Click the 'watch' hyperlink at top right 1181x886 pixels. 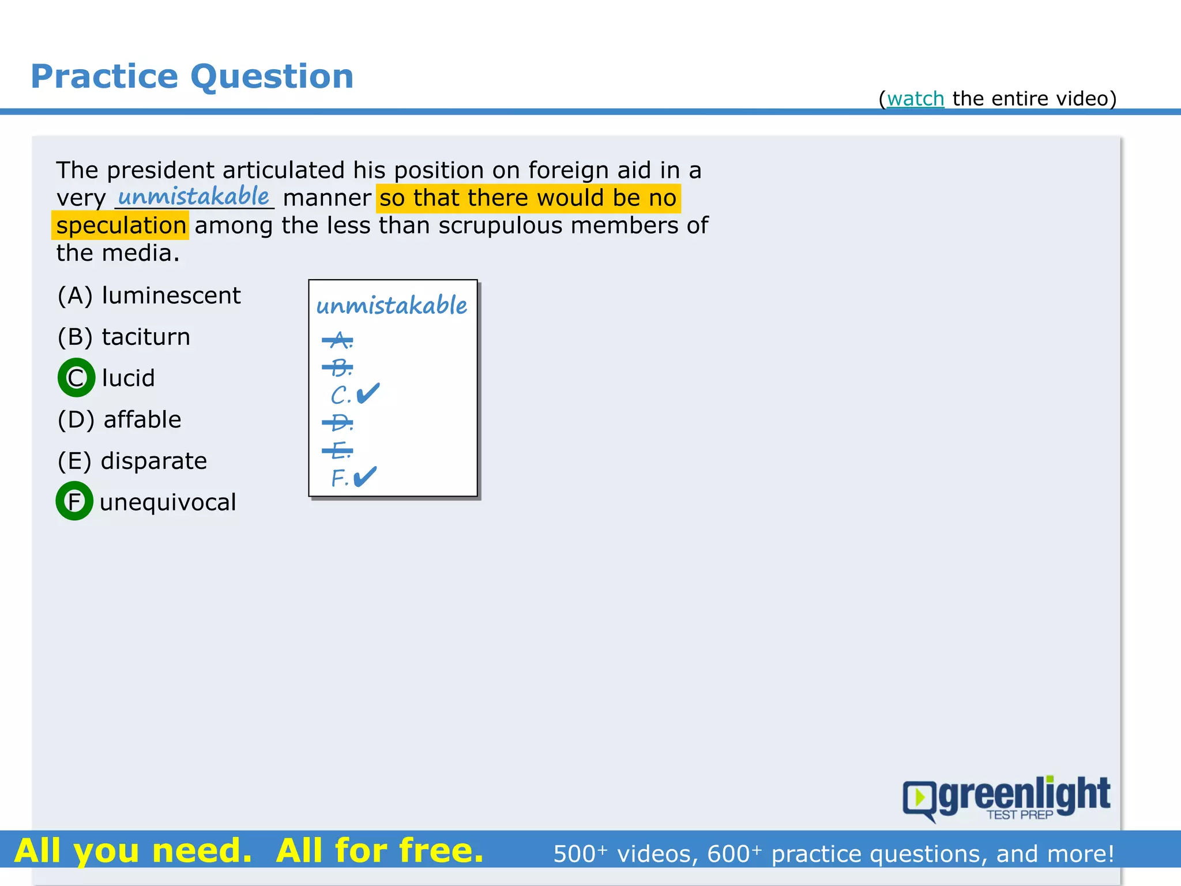point(915,99)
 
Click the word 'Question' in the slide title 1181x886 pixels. point(272,77)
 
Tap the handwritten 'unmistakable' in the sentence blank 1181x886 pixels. point(194,196)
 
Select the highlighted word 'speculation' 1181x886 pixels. point(121,226)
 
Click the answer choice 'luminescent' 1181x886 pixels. point(171,295)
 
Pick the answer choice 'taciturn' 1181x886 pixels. point(146,337)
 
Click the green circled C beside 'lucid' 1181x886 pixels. point(76,378)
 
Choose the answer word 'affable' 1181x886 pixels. point(142,419)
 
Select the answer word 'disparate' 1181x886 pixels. point(153,461)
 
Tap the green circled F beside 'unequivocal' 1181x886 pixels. point(74,501)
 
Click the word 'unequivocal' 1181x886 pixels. point(168,502)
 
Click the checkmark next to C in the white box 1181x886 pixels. point(368,393)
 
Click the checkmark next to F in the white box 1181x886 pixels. point(364,476)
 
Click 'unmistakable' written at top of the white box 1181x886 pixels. point(392,305)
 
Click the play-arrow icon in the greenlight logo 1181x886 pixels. point(920,798)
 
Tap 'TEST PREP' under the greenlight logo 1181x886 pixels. point(1020,815)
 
